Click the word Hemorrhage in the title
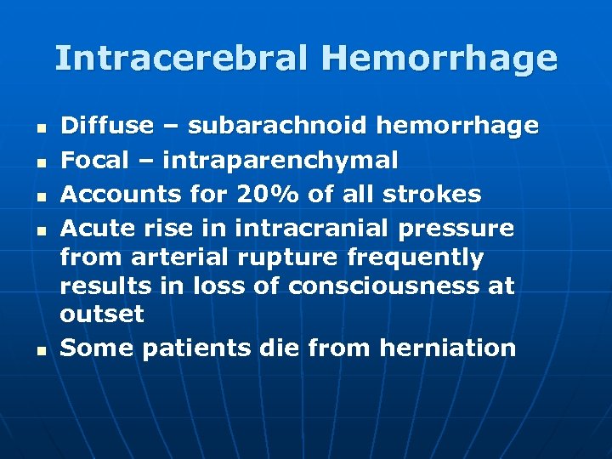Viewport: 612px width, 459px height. pos(439,58)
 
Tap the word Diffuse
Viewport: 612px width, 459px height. pos(107,126)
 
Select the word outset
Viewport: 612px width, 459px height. pos(102,314)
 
